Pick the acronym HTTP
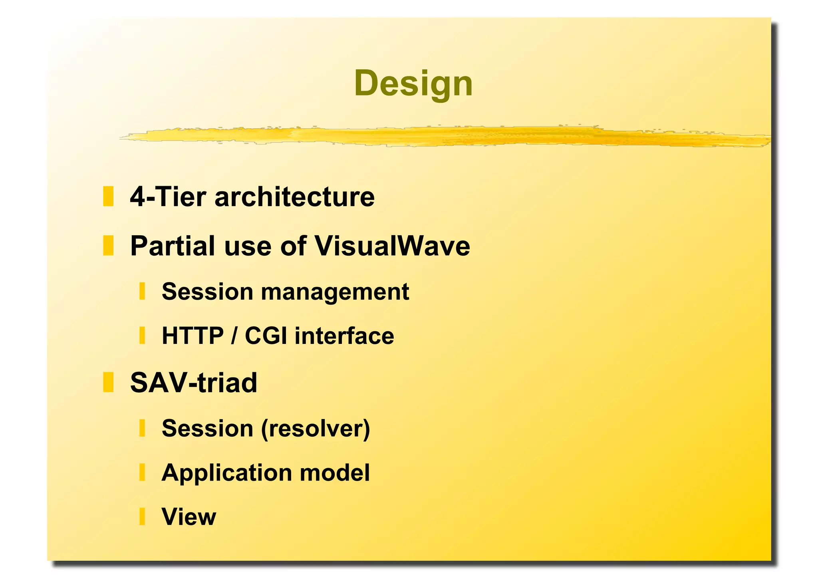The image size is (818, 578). tap(193, 336)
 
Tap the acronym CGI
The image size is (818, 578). tap(266, 336)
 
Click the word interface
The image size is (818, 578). tap(344, 336)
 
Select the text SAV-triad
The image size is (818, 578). tap(194, 383)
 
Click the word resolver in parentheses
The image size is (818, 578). tap(316, 428)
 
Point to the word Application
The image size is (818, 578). tap(227, 473)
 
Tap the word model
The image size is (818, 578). tap(335, 473)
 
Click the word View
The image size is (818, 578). tap(189, 516)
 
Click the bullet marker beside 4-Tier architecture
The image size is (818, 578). tap(108, 196)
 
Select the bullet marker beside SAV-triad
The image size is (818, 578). tap(108, 382)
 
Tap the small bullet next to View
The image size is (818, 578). tap(142, 516)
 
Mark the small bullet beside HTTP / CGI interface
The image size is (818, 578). tap(142, 335)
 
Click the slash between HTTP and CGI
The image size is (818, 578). tap(234, 336)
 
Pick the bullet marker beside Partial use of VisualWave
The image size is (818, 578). tap(108, 245)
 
